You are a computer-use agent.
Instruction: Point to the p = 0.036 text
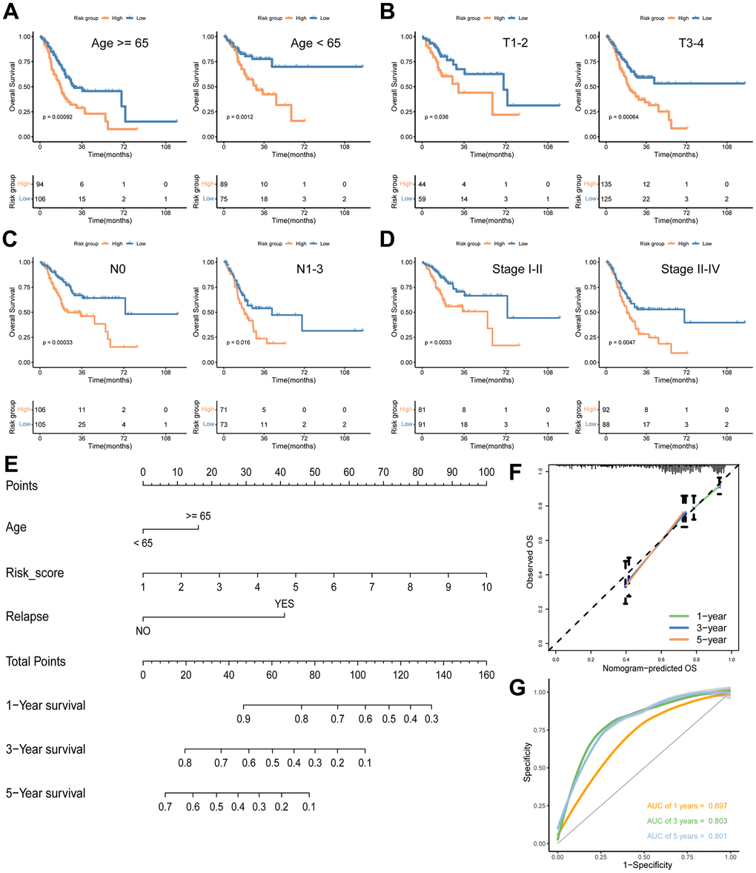pos(440,117)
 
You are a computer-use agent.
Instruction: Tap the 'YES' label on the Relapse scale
pos(285,604)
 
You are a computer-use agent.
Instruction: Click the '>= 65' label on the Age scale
pos(198,516)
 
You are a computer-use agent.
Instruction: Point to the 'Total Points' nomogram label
pos(36,661)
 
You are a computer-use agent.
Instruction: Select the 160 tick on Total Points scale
pos(486,676)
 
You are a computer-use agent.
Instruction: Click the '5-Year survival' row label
pos(46,793)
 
